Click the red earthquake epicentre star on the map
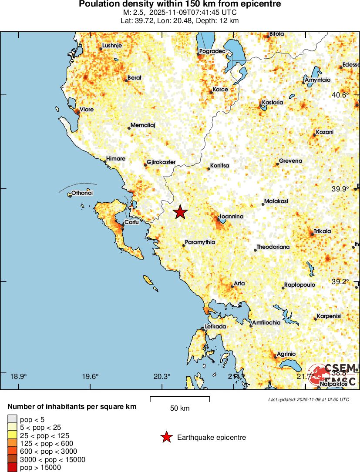click(180, 212)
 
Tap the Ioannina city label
click(231, 216)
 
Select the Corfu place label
click(131, 222)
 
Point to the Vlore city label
click(86, 110)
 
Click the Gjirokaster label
click(161, 162)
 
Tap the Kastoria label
click(273, 103)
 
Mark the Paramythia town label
click(200, 242)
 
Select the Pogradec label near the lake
click(212, 51)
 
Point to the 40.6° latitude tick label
click(340, 95)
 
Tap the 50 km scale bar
click(180, 398)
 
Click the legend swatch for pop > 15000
click(11, 468)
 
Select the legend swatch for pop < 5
click(11, 419)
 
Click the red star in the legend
click(166, 437)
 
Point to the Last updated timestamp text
click(308, 399)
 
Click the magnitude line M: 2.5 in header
click(180, 13)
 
